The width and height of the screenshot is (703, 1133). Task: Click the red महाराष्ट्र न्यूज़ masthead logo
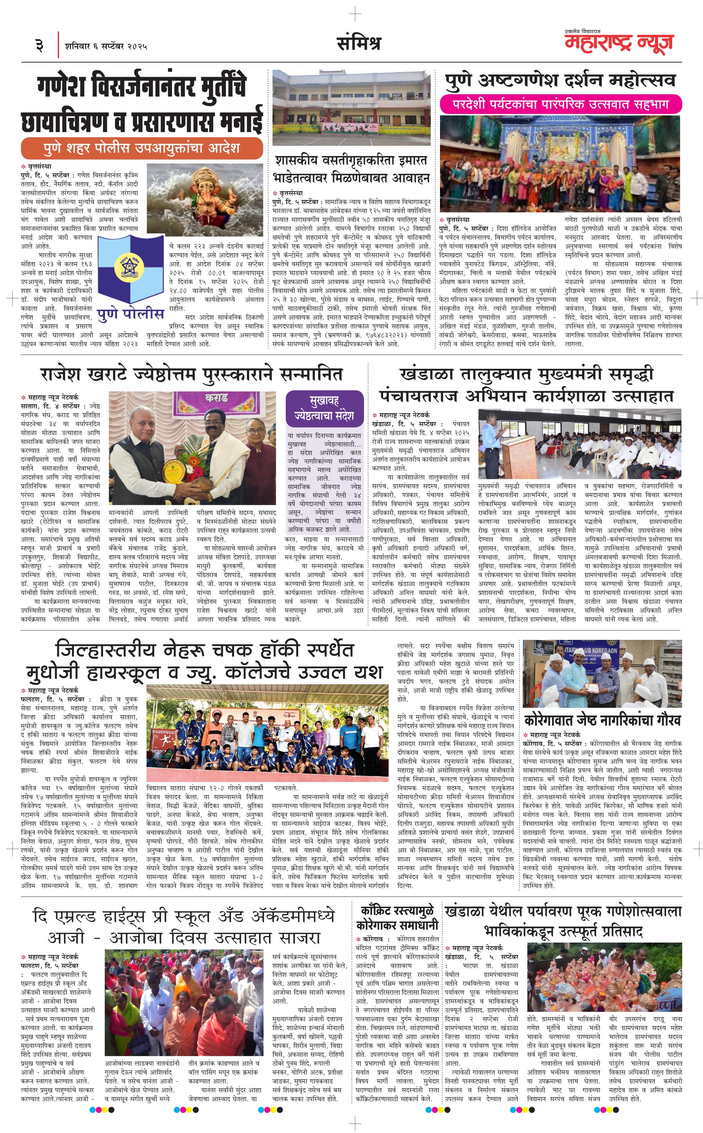pos(619,42)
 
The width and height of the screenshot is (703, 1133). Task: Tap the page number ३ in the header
pos(39,45)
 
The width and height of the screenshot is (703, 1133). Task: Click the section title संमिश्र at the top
pos(359,43)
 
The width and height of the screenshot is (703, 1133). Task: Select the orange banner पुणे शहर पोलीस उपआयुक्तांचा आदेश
pos(141,148)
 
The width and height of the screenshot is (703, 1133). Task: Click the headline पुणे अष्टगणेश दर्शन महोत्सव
pos(560,80)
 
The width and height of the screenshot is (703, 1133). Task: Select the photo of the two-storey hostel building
pos(351,108)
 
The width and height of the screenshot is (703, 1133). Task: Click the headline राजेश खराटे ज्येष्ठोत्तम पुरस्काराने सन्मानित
pos(191,374)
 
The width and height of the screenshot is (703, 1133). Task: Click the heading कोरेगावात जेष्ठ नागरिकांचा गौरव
pos(602,720)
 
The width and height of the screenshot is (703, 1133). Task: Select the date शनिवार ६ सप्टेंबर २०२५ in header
pos(106,47)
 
